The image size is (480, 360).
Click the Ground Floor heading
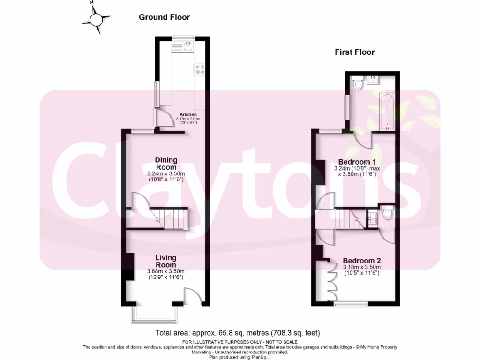(x=164, y=17)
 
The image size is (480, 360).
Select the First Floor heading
(x=354, y=52)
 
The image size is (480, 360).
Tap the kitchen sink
(x=188, y=46)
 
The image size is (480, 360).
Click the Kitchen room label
(x=188, y=114)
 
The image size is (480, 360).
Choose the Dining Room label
(x=166, y=164)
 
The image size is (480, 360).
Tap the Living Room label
(x=166, y=261)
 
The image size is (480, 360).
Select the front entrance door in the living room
(x=192, y=298)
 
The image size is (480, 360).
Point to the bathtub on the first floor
(x=387, y=111)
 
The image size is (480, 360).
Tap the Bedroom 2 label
(x=361, y=261)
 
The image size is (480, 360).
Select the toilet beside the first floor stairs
(x=388, y=214)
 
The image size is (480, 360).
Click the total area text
(x=238, y=333)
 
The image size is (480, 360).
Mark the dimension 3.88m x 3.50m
(x=166, y=271)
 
